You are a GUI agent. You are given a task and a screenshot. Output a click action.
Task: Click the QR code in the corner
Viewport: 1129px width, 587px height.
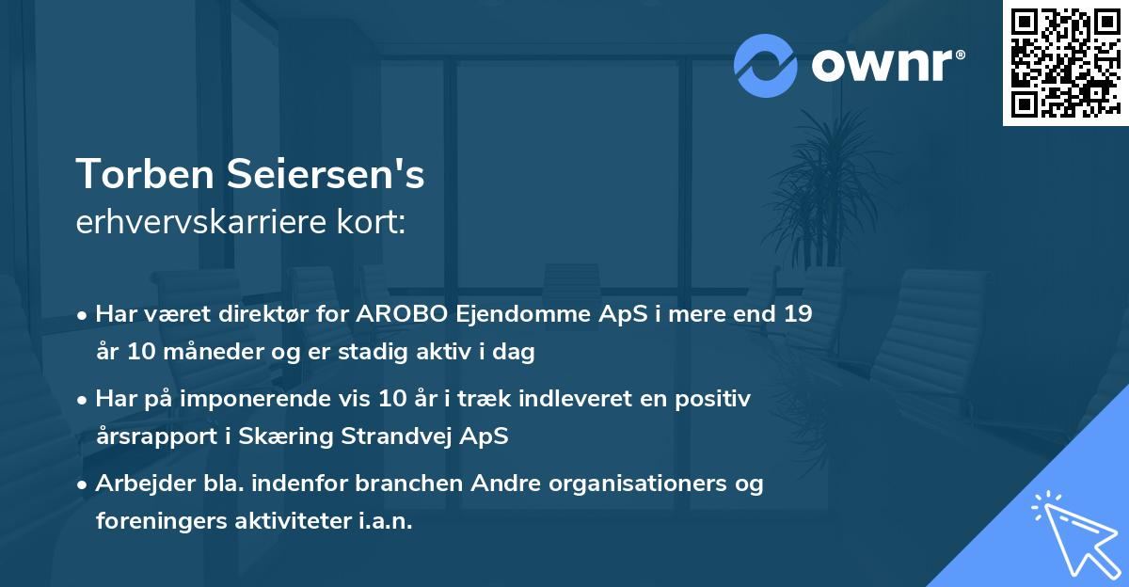1065,63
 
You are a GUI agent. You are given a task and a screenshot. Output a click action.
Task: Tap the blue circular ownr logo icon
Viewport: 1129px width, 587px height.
765,66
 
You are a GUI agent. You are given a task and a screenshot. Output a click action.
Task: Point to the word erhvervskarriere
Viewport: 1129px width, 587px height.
192,224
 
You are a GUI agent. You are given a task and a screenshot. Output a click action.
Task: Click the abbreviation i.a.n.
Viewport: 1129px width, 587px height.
385,521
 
